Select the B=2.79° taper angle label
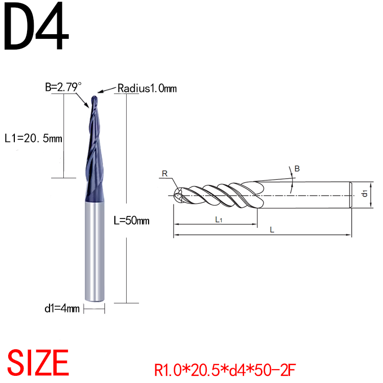click(63, 87)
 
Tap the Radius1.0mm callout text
click(147, 88)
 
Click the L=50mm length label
click(131, 221)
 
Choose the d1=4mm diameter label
click(62, 308)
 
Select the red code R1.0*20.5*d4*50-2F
click(225, 368)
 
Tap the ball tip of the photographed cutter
click(93, 99)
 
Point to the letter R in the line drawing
click(164, 174)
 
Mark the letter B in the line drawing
click(297, 168)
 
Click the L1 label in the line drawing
click(218, 220)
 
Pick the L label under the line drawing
click(272, 230)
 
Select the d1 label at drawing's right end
click(364, 194)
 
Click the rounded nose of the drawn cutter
click(177, 195)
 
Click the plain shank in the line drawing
click(306, 195)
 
